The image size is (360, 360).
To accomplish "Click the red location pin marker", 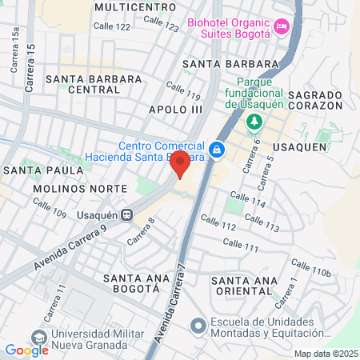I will click(x=181, y=164).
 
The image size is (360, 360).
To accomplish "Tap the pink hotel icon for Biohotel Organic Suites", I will click(x=281, y=28).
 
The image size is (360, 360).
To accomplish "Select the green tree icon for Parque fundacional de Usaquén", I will click(x=254, y=122).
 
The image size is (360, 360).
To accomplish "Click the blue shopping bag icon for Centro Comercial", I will click(x=216, y=150).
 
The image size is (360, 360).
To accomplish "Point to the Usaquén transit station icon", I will click(x=126, y=214).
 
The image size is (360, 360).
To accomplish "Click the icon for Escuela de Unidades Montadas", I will click(x=198, y=326).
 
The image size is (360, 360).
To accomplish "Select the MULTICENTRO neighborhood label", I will click(x=134, y=6).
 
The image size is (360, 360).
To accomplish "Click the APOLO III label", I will click(x=175, y=108).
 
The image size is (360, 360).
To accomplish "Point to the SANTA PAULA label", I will click(x=43, y=170).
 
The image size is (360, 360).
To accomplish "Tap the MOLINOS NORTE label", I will click(x=80, y=188).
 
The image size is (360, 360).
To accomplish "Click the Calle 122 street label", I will click(x=111, y=26).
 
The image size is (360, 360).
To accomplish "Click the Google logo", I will click(x=26, y=350).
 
